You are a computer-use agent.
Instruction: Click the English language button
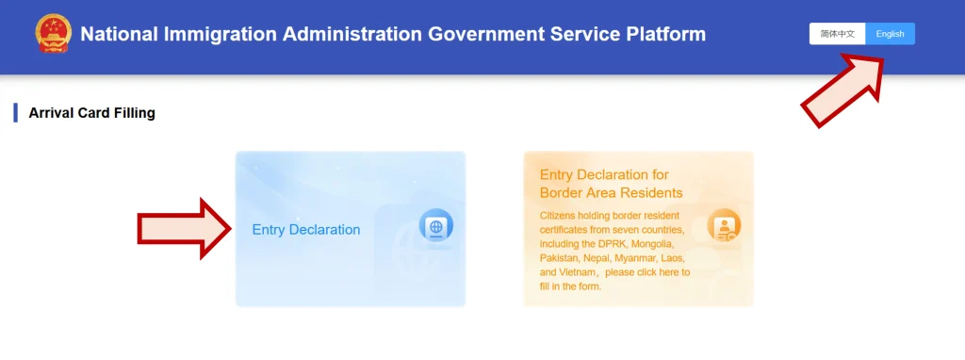(890, 34)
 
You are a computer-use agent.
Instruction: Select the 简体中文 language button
(838, 34)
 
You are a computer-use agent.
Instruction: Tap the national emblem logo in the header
(53, 33)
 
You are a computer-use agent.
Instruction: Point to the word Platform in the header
(666, 34)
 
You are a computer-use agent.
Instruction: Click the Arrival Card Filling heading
(91, 113)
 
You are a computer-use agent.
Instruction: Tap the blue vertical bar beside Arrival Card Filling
(15, 113)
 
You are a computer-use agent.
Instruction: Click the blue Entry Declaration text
(306, 230)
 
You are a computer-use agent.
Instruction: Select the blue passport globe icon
(435, 226)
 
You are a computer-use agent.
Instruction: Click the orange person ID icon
(724, 226)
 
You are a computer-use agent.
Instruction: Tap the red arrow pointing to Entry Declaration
(184, 229)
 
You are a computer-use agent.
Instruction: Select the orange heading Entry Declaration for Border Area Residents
(611, 184)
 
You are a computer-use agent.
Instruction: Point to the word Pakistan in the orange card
(560, 257)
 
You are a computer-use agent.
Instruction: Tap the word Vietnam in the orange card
(579, 271)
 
